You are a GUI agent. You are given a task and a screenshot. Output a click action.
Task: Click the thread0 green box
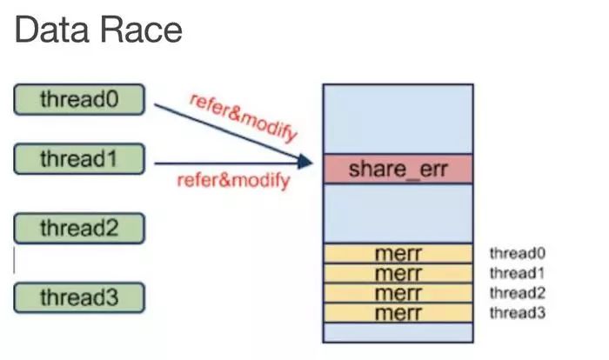point(79,99)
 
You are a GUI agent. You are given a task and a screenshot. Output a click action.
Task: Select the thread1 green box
point(79,159)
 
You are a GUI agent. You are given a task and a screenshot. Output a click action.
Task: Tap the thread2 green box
point(79,229)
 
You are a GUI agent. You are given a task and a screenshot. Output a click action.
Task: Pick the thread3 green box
point(79,298)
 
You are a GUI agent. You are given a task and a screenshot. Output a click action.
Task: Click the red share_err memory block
point(398,169)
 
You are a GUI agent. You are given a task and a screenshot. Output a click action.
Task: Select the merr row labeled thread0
point(398,254)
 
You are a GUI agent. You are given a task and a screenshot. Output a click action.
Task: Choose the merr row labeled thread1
point(398,273)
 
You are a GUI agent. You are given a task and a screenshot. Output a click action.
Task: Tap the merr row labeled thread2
point(398,293)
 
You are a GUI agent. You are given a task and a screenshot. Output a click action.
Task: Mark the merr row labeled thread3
point(398,312)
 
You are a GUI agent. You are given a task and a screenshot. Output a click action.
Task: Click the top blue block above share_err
point(398,119)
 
